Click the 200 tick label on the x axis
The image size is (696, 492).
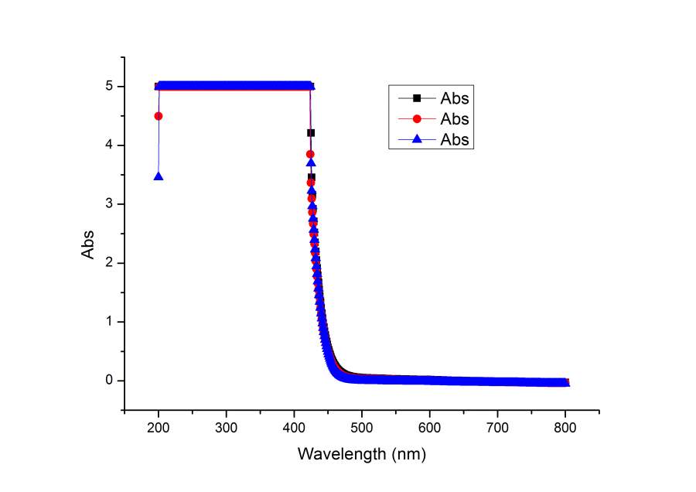(159, 426)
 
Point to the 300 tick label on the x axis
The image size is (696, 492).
(226, 426)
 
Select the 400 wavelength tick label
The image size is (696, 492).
(294, 426)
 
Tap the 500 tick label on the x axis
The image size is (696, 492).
(362, 426)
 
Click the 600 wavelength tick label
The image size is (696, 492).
(430, 426)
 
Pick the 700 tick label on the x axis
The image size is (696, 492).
(497, 426)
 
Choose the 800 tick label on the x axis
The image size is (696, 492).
(565, 426)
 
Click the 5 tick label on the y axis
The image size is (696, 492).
(111, 87)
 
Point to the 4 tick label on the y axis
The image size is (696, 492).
(111, 145)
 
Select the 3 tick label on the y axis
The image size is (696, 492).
(111, 204)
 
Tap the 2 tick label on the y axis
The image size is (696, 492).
(111, 263)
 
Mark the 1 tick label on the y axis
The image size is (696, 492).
(111, 322)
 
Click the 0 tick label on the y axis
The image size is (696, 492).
(111, 381)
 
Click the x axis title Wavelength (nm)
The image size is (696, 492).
(362, 453)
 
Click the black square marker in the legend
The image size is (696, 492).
(417, 98)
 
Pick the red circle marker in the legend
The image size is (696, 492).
(417, 119)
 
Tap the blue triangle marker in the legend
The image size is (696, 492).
(417, 140)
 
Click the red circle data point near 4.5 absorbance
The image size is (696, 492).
(159, 116)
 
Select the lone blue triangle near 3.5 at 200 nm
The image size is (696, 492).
(159, 176)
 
